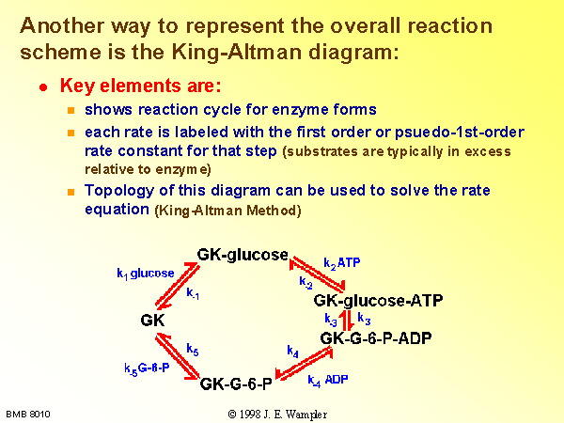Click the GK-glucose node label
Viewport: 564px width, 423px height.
(x=243, y=255)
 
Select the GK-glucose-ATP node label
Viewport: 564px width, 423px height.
(x=378, y=301)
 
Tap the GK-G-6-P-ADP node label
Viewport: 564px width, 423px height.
(x=376, y=338)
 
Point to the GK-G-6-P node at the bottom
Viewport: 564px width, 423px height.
(x=236, y=384)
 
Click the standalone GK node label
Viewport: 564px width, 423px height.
(x=152, y=321)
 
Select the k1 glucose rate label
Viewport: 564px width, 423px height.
(x=146, y=274)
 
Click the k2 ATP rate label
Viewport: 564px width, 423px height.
(x=342, y=263)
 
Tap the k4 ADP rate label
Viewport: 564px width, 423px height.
(x=328, y=380)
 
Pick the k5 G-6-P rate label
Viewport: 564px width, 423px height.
(x=147, y=368)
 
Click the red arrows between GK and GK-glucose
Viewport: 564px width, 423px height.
(x=177, y=285)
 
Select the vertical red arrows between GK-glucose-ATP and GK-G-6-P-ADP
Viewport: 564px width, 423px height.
(x=348, y=321)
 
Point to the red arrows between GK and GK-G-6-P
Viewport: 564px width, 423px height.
(x=178, y=355)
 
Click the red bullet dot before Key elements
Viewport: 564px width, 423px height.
(x=43, y=87)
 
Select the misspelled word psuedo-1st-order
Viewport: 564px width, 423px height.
(x=460, y=133)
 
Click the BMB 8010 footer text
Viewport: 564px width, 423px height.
(x=28, y=415)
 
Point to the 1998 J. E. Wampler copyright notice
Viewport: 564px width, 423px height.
(x=277, y=415)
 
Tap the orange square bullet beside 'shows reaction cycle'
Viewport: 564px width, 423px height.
(x=70, y=110)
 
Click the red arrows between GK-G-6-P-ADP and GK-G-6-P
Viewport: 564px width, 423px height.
(x=304, y=363)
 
